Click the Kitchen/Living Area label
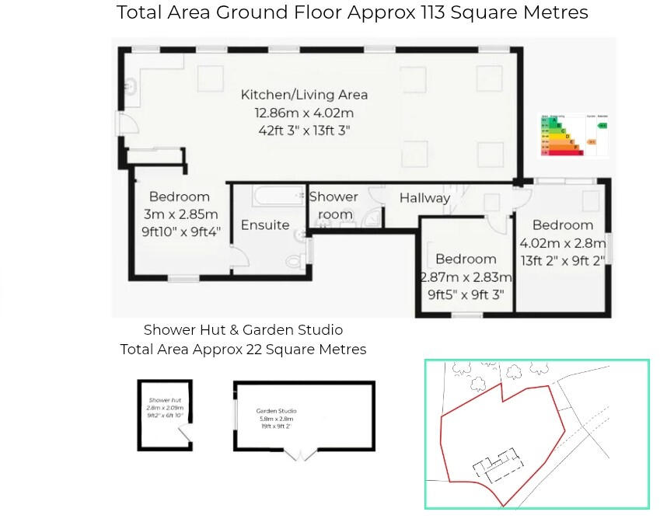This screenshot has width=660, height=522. click(304, 95)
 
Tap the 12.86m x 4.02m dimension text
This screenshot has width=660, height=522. click(304, 113)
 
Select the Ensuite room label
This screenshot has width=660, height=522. click(265, 225)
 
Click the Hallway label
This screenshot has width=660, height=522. click(424, 198)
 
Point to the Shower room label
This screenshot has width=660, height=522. click(333, 206)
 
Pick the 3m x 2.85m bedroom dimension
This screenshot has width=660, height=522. click(180, 214)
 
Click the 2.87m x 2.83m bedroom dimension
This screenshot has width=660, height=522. click(466, 277)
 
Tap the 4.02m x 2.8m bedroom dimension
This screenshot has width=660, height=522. click(562, 243)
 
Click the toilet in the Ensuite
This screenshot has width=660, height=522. click(295, 260)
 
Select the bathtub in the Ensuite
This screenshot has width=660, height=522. click(268, 194)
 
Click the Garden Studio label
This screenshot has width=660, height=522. click(277, 411)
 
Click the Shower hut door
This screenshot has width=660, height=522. click(184, 440)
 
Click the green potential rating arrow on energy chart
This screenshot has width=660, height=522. click(602, 125)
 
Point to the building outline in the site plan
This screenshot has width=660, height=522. click(494, 465)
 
